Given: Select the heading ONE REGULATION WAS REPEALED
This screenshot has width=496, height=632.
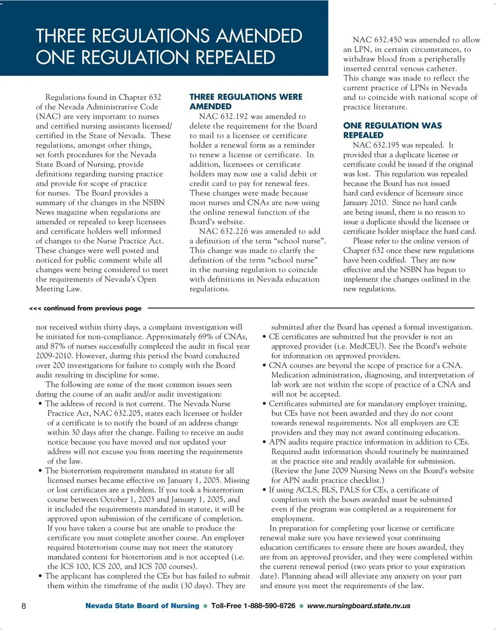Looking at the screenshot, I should (393, 130).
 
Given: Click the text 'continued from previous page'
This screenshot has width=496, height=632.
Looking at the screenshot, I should (92, 308).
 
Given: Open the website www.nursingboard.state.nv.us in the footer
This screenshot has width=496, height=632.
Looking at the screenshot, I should (359, 606).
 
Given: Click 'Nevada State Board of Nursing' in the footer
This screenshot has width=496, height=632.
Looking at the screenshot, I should (142, 606).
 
